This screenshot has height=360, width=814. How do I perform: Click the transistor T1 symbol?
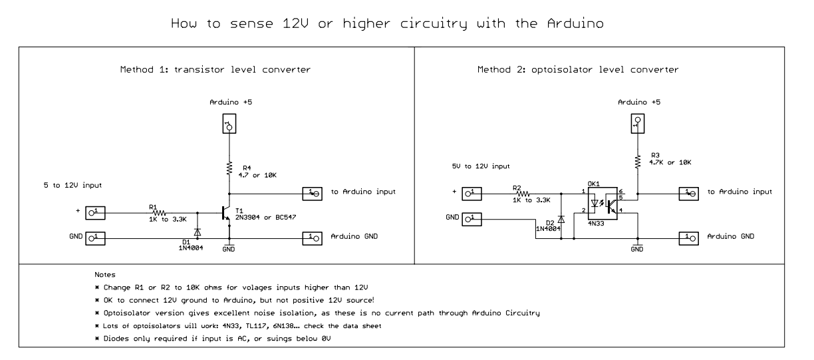tap(225, 212)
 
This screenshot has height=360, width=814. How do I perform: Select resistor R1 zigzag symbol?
tap(160, 212)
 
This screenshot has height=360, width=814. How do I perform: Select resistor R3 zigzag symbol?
tap(637, 160)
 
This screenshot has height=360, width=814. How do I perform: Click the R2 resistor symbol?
tap(523, 193)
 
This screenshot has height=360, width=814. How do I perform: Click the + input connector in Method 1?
tap(94, 212)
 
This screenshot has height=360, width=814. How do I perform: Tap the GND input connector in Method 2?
tap(471, 218)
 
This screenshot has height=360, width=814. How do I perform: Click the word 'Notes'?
tap(106, 274)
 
